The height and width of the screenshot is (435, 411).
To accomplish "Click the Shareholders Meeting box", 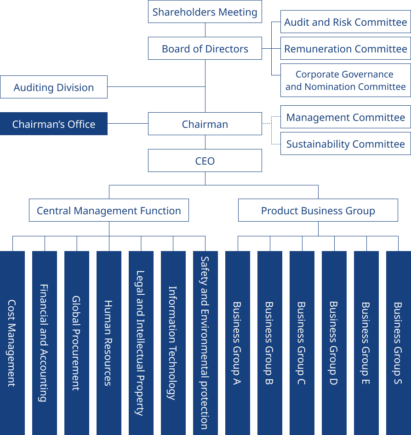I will coord(205,12).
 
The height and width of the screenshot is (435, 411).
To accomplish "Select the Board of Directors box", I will coord(205,49).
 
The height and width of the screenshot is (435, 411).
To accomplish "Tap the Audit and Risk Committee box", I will coord(345,22).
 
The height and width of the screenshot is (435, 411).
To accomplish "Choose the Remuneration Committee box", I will coord(345,49).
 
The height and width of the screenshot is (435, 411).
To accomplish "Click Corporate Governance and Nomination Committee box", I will coord(345,80).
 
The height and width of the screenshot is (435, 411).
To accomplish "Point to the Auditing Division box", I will coord(54,87).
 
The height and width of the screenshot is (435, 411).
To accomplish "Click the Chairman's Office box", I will coord(54,124).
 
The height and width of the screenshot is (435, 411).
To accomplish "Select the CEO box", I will coord(205,161).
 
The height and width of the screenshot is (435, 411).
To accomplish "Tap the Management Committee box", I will coord(345,117).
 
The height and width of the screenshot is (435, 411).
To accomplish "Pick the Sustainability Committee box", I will coord(345,144).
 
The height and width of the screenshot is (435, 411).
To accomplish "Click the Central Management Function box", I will coord(109,211).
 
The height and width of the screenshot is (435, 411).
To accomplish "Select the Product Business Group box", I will coord(318,211).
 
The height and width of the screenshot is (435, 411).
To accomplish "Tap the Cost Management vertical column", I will coord(12,343).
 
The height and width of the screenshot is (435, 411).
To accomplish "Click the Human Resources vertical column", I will coord(108,343).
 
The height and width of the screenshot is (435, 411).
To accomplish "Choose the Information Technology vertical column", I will coord(173,343).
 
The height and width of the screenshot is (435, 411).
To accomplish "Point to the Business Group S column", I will coord(398,343).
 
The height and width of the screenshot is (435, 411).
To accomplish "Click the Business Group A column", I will coord(237,343).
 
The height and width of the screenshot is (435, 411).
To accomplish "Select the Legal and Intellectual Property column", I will coord(141,343).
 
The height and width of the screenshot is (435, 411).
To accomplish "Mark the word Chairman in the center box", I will coord(205,124).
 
